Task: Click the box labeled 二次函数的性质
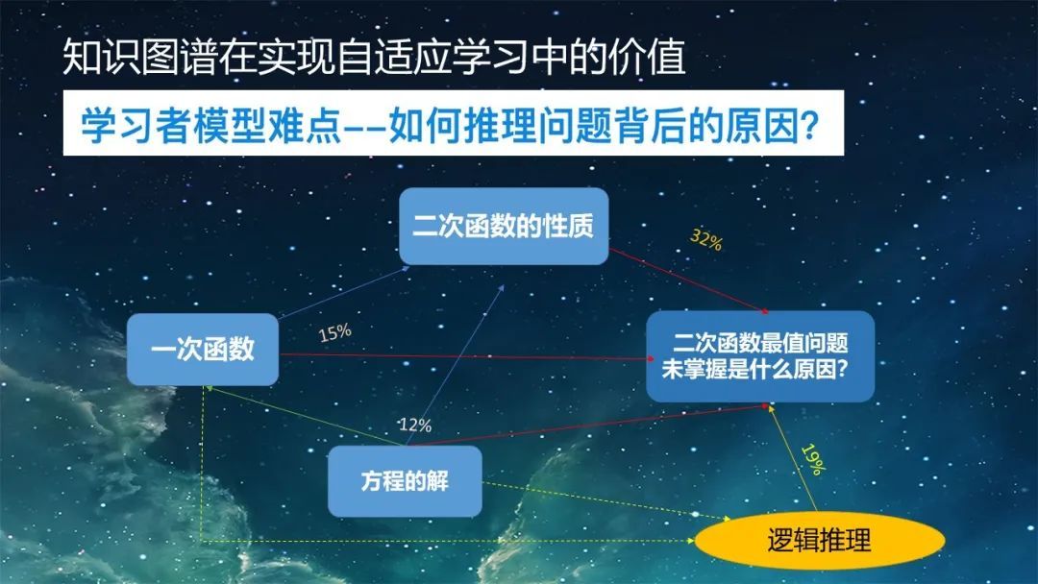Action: pyautogui.click(x=504, y=226)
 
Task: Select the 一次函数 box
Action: pyautogui.click(x=203, y=350)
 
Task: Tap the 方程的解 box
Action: pyautogui.click(x=406, y=481)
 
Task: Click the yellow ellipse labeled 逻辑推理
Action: pyautogui.click(x=820, y=541)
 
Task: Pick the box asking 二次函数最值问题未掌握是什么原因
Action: pyautogui.click(x=760, y=356)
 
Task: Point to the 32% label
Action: pyautogui.click(x=705, y=239)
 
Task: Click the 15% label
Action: pyautogui.click(x=335, y=332)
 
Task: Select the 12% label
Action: pyautogui.click(x=415, y=425)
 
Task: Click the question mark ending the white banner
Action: pyautogui.click(x=810, y=124)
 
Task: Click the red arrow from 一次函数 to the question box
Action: pyautogui.click(x=467, y=357)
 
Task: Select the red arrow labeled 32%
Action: pyautogui.click(x=689, y=280)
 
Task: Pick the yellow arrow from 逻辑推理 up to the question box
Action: pyautogui.click(x=792, y=457)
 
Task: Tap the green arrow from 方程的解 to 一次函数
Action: pyautogui.click(x=306, y=416)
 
